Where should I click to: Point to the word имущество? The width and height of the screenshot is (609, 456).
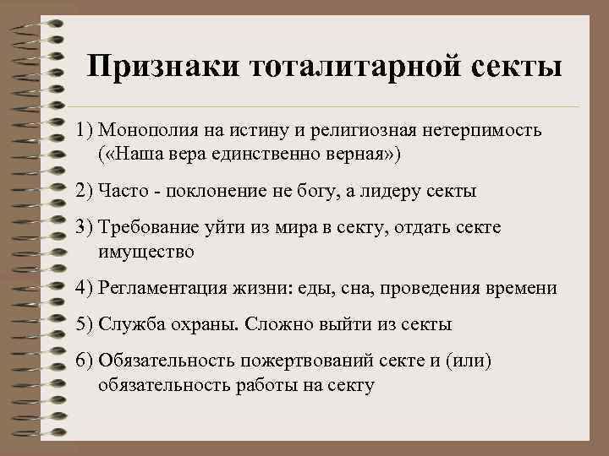(146, 252)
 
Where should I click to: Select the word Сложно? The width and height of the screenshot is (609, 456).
(269, 324)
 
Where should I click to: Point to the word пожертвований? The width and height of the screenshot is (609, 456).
(300, 361)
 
